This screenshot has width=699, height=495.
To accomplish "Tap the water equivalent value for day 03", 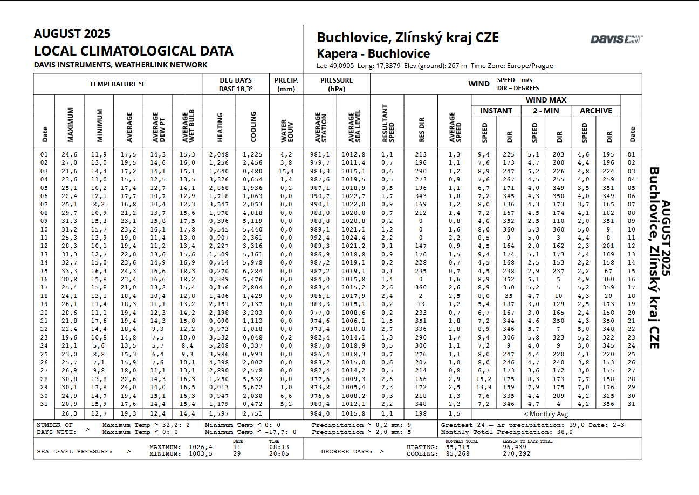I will click(x=286, y=171).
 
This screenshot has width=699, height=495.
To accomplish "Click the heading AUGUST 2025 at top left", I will click(x=72, y=33).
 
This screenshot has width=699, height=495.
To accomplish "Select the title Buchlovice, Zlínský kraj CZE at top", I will click(x=407, y=37).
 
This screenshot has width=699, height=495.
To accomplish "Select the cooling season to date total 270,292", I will click(x=516, y=453).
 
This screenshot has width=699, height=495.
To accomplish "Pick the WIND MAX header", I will click(x=546, y=100).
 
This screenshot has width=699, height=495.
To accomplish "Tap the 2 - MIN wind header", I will click(x=546, y=111).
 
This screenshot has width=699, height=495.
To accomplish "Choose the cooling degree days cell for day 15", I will click(x=252, y=271).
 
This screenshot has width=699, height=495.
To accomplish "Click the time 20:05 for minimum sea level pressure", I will click(x=278, y=453).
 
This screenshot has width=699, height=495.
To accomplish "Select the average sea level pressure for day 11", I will click(x=353, y=238).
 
